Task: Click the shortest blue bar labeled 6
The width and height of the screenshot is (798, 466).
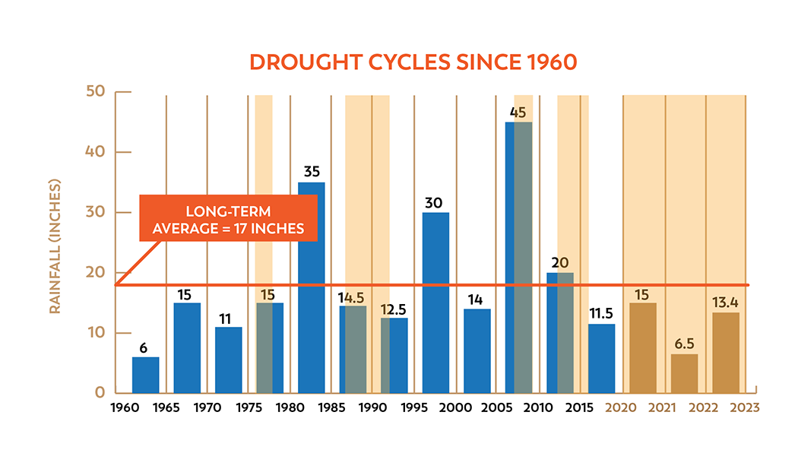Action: coord(145,375)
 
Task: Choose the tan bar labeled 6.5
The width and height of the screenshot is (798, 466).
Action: coord(684,373)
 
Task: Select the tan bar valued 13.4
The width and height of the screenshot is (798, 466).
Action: coord(726,353)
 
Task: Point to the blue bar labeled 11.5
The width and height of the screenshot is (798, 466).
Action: coord(601,358)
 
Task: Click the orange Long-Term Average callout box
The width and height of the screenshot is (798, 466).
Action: coord(228,218)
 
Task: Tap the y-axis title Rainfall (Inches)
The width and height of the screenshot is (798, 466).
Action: coord(55,247)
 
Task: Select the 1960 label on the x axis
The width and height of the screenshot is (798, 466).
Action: coord(125,408)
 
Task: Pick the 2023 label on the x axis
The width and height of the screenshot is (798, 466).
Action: coord(745,408)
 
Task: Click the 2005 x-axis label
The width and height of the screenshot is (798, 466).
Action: coord(496,408)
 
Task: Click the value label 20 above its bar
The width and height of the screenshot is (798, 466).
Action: coord(559,263)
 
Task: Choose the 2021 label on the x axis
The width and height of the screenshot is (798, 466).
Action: coord(662,408)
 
